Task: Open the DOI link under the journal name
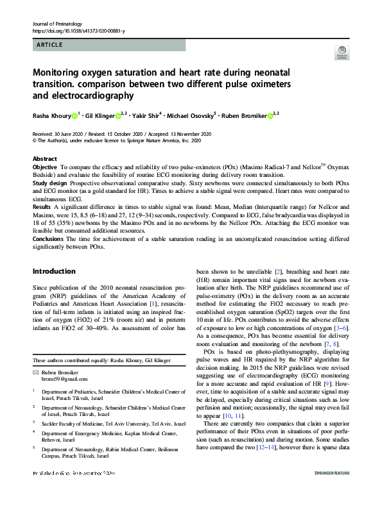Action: coord(78,31)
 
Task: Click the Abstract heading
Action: coord(45,158)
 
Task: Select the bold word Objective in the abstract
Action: coord(46,167)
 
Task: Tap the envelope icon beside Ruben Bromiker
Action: coord(36,372)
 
